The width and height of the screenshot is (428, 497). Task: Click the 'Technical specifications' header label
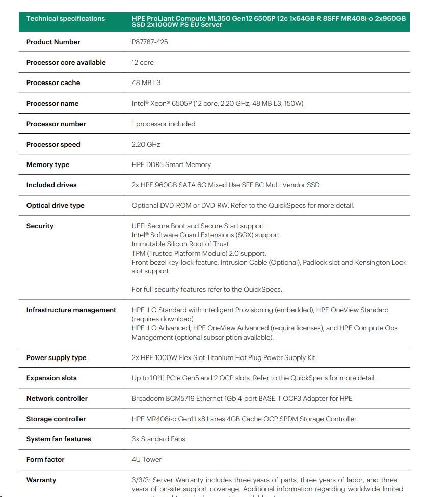click(x=65, y=19)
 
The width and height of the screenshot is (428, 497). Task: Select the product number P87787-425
click(x=150, y=42)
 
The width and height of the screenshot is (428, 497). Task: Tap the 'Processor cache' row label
click(x=53, y=82)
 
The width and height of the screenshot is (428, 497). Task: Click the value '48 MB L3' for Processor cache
click(x=146, y=82)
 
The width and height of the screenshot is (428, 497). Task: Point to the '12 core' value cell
click(x=143, y=62)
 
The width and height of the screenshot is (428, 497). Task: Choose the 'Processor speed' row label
click(x=53, y=144)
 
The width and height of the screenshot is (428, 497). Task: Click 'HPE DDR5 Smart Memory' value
click(x=171, y=164)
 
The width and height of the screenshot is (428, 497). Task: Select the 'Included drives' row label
click(x=51, y=185)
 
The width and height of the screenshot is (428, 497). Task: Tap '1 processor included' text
click(x=164, y=124)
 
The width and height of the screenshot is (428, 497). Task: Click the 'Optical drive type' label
click(x=55, y=205)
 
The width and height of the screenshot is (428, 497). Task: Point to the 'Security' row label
click(x=40, y=226)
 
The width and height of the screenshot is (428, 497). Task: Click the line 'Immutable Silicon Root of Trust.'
click(x=181, y=244)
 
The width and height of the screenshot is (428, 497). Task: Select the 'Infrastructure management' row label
click(x=71, y=310)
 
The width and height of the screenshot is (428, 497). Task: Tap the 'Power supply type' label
click(x=56, y=357)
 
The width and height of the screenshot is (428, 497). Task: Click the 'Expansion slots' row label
click(x=51, y=378)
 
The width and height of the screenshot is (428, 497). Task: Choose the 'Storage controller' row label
click(x=56, y=419)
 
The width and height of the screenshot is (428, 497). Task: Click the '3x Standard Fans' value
click(x=158, y=439)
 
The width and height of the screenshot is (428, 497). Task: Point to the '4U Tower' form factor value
click(x=147, y=459)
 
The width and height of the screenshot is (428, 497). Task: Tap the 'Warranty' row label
click(x=41, y=480)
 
